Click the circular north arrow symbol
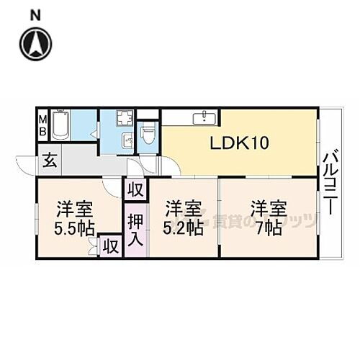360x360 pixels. (37, 43)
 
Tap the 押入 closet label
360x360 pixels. (135, 229)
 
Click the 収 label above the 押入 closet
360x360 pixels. (135, 190)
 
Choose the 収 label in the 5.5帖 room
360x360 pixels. (109, 246)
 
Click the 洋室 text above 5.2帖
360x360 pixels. (182, 209)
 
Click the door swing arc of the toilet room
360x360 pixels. (149, 163)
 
